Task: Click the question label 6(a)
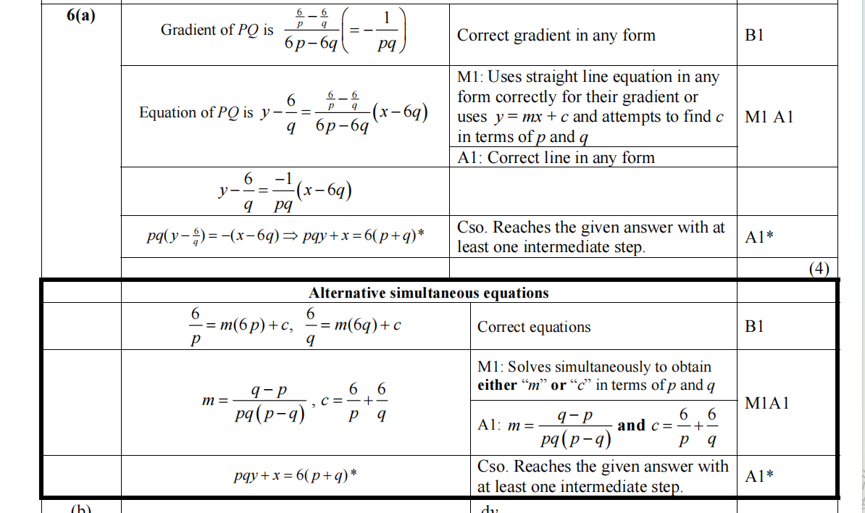[80, 16]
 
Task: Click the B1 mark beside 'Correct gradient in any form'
[754, 36]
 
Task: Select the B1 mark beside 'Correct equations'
[754, 327]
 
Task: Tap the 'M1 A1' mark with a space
[769, 117]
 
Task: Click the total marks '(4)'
[819, 269]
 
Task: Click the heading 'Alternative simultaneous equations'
[429, 293]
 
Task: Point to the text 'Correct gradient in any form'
[556, 36]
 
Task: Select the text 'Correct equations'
[534, 327]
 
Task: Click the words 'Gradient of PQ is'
[217, 30]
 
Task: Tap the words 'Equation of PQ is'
[196, 112]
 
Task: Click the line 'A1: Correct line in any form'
[556, 158]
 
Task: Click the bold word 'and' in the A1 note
[631, 425]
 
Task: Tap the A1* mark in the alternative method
[759, 476]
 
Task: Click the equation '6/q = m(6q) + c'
[354, 327]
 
